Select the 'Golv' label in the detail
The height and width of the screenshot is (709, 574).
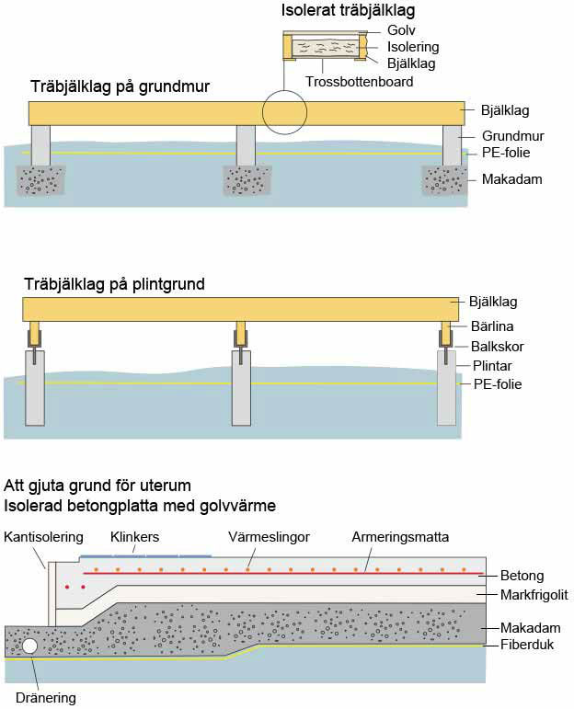(x=402, y=30)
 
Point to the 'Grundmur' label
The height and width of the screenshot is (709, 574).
(x=512, y=136)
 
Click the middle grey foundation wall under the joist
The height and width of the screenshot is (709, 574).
(x=246, y=145)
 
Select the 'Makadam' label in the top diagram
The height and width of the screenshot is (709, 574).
(x=511, y=178)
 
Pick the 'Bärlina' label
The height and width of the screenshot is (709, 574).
(x=493, y=326)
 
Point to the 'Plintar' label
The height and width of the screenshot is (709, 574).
(x=492, y=365)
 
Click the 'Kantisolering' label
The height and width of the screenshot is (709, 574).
(x=43, y=536)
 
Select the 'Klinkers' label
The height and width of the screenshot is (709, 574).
(x=134, y=536)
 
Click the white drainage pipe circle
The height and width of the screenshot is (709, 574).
(x=30, y=646)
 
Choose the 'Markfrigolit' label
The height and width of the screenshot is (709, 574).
(x=534, y=595)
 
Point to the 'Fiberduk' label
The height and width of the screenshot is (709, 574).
(x=526, y=645)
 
